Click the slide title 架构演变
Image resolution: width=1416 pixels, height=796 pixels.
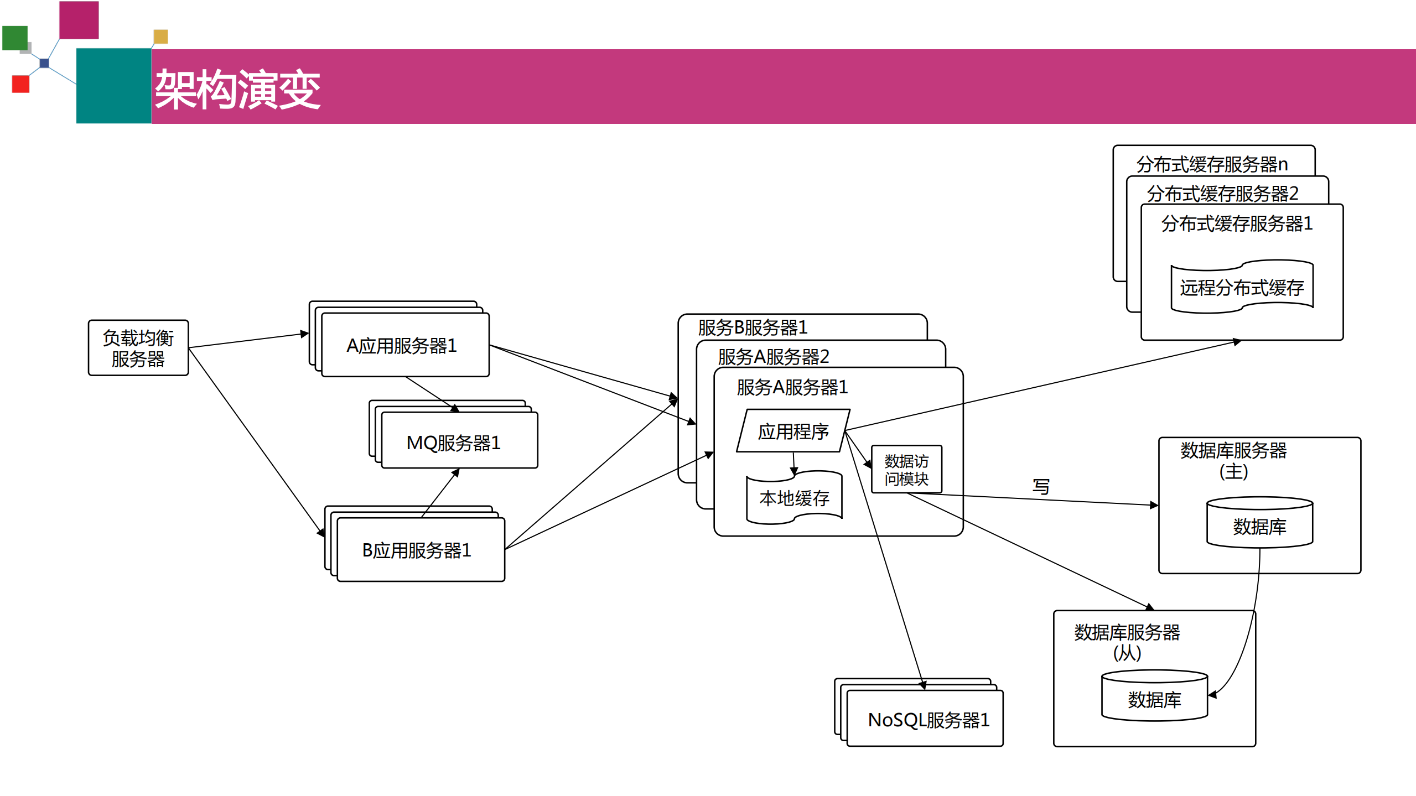click(x=237, y=89)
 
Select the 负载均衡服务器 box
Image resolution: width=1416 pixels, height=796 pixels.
click(x=138, y=348)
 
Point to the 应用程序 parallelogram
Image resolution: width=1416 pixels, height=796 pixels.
click(x=793, y=431)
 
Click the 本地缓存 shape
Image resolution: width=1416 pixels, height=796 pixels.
click(x=794, y=498)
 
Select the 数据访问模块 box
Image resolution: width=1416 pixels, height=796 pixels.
click(x=906, y=469)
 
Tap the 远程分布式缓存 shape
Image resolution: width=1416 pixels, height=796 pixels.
click(x=1242, y=287)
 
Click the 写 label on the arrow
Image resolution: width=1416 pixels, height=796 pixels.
click(x=1041, y=486)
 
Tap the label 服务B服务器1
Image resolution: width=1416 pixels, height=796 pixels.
click(x=753, y=327)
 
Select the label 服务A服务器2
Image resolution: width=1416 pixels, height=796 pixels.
click(x=773, y=357)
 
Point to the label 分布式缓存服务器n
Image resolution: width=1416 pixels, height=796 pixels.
click(x=1212, y=164)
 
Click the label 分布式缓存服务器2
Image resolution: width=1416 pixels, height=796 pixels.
click(x=1222, y=194)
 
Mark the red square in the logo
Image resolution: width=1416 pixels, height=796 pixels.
click(x=20, y=84)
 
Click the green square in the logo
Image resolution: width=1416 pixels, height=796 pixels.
click(x=14, y=38)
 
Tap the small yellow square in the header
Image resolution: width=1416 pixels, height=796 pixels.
click(x=160, y=37)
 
